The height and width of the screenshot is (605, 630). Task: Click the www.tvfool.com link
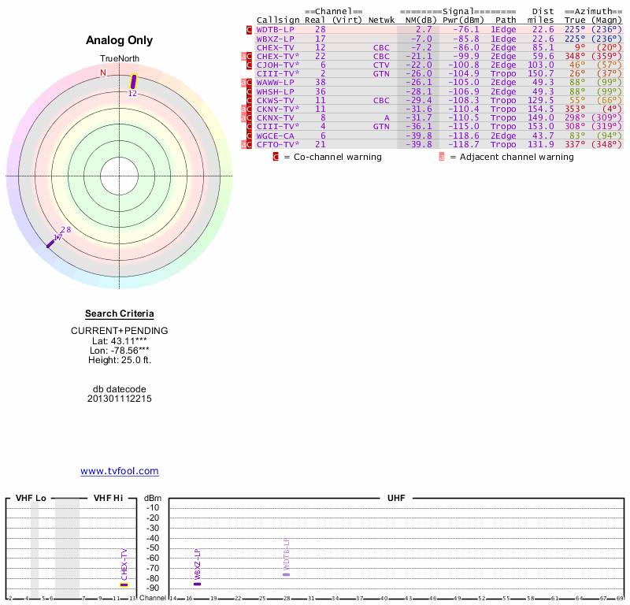coord(120,471)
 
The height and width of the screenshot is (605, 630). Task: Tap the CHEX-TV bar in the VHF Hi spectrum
coord(124,585)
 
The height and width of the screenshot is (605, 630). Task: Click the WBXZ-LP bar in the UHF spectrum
coord(197,584)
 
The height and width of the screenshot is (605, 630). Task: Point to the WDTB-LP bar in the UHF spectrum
coord(286,574)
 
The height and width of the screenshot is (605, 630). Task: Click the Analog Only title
coord(120,41)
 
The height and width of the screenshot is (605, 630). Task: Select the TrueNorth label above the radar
coord(120,59)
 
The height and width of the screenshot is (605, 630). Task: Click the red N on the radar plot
coord(102,72)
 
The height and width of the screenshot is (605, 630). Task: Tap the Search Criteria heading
coord(120,314)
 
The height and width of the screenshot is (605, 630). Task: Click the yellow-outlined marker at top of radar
coord(133,81)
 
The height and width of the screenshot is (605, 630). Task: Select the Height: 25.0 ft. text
coord(120,360)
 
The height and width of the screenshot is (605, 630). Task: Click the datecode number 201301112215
coord(120,399)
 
